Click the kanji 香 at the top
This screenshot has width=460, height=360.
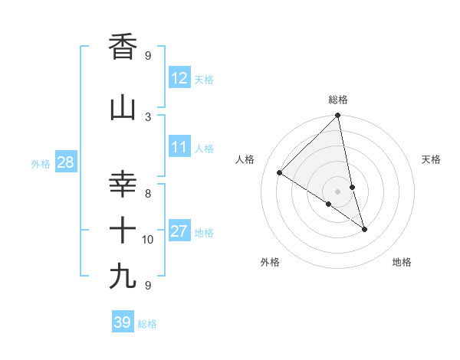(123, 47)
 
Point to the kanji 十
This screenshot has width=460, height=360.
(123, 230)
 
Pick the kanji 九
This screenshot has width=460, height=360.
(123, 275)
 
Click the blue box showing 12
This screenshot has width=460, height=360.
(179, 78)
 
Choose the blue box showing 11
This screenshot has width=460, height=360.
(179, 147)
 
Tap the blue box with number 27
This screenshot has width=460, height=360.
(179, 231)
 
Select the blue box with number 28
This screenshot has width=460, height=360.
(65, 162)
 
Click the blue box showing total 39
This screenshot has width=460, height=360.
(122, 322)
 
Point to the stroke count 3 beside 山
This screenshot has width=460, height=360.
(148, 116)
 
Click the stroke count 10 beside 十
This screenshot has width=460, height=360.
(148, 240)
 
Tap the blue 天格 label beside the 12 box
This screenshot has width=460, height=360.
(204, 80)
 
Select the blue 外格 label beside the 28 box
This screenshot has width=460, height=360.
(40, 164)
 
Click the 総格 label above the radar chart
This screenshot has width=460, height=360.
(338, 100)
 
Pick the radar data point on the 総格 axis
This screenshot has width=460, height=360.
(338, 116)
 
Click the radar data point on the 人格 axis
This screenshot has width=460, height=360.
(280, 173)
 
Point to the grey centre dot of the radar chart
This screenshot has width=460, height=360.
(338, 191)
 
